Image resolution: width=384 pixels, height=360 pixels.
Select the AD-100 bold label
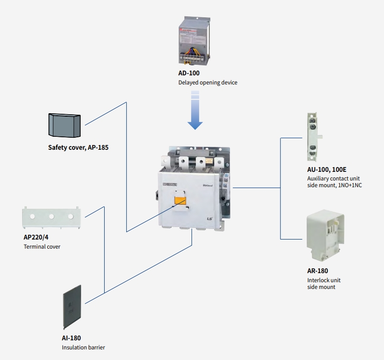tap(189, 73)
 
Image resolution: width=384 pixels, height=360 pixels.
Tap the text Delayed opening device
tap(208, 83)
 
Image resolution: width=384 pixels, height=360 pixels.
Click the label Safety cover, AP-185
tap(78, 147)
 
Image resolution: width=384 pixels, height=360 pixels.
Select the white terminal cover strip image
tap(50, 216)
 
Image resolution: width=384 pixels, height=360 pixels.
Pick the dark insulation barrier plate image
tap(72, 307)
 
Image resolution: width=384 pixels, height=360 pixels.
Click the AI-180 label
tap(72, 338)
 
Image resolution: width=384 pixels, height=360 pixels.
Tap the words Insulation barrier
tap(83, 347)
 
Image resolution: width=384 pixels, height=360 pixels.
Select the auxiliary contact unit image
tap(311, 137)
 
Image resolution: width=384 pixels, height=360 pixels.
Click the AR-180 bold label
tap(318, 271)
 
